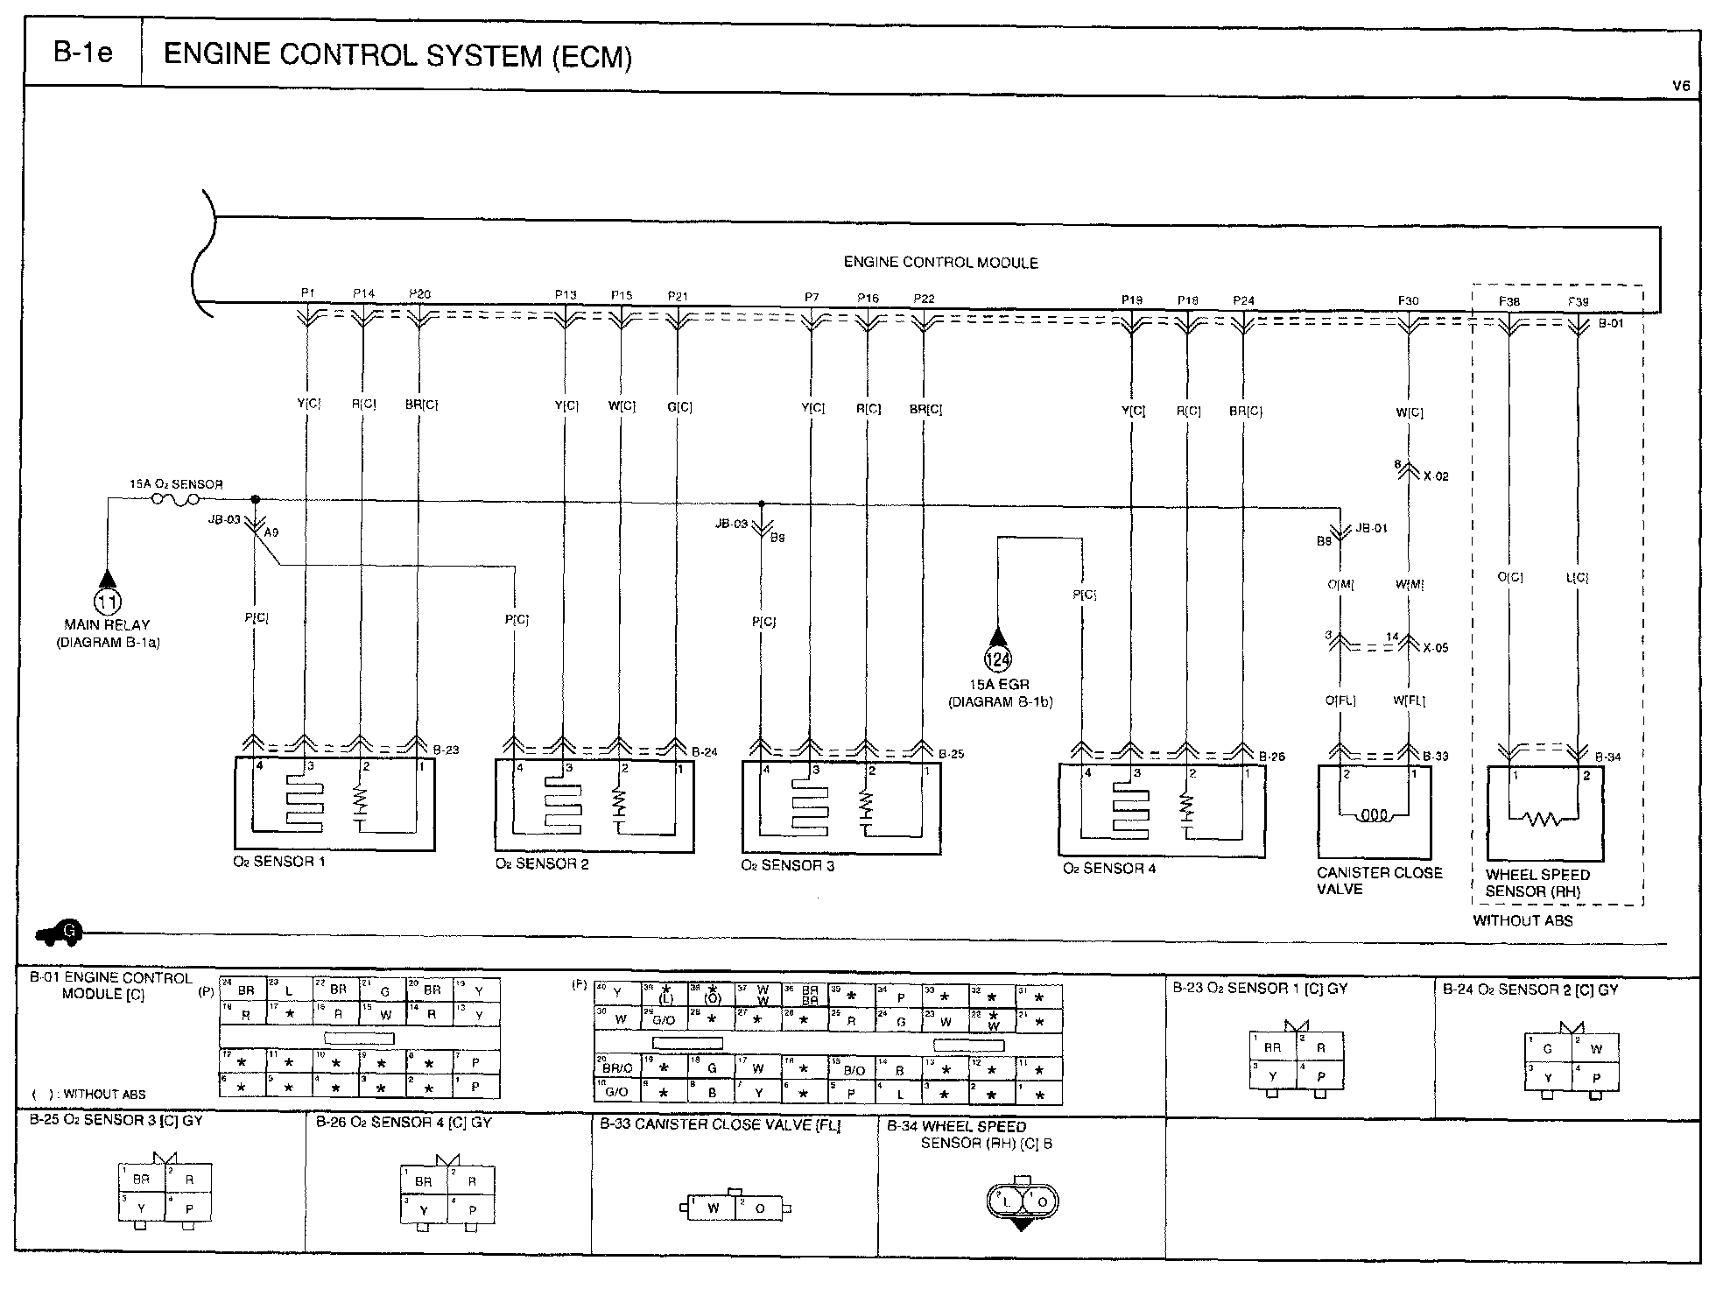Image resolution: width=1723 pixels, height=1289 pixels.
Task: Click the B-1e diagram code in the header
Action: tap(83, 54)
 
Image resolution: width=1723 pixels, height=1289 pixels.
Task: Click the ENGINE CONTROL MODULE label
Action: tap(940, 262)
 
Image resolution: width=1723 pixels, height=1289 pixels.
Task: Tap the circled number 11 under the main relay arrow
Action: tap(108, 601)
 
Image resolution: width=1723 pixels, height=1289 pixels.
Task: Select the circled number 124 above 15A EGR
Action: tap(998, 659)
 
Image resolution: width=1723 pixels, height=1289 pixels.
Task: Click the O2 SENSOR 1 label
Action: tap(279, 862)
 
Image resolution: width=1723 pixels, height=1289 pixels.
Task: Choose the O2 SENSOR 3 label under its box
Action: tap(787, 866)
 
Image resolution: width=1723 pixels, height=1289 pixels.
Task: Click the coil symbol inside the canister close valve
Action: tap(1374, 815)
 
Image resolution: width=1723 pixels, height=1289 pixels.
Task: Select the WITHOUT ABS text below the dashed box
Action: tap(1523, 920)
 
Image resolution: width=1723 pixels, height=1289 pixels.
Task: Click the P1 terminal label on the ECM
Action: tap(307, 294)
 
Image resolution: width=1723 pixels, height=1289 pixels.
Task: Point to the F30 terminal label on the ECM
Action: tap(1408, 301)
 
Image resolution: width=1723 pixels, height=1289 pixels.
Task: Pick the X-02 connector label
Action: tap(1436, 477)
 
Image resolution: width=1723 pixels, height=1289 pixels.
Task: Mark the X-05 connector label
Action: tap(1436, 648)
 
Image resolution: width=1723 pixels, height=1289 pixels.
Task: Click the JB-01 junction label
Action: tap(1371, 529)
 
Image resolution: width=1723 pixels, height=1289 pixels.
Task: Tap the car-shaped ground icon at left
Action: tap(60, 933)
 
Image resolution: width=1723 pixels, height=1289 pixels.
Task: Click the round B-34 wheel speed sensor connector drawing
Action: tap(1021, 1202)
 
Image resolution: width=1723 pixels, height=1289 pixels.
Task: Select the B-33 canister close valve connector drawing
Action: tap(736, 1208)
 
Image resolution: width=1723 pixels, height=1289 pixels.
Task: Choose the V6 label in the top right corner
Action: tap(1681, 87)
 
